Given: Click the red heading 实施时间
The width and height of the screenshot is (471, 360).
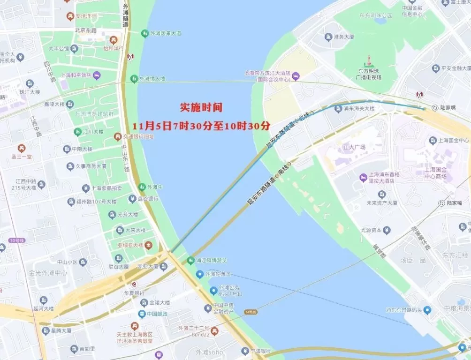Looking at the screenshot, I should (201, 107).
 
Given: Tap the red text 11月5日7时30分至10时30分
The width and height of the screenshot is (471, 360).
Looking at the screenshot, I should (201, 126).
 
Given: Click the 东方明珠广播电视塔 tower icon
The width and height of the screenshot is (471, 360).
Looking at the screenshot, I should (369, 61).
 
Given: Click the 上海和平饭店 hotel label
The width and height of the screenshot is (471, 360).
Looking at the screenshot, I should (76, 75).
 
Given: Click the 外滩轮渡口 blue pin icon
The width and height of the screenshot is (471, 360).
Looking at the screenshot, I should (199, 274).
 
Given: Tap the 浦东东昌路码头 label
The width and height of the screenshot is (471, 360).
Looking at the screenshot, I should (403, 310).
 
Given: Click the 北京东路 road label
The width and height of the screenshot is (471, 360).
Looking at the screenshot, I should (85, 30).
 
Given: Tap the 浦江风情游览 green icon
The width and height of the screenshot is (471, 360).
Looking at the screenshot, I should (190, 260).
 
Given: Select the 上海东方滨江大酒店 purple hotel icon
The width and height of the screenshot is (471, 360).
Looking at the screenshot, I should (296, 76).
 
